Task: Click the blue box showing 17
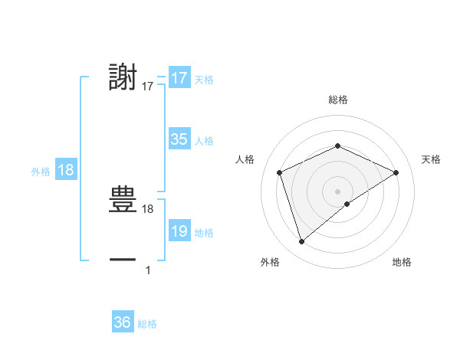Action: click(179, 78)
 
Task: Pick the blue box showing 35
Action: click(179, 139)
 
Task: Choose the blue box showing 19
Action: click(179, 231)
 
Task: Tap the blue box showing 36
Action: click(123, 322)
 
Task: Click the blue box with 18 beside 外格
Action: click(66, 170)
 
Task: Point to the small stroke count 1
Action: click(148, 270)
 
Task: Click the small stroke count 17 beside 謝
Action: click(148, 87)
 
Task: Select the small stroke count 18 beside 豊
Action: click(148, 208)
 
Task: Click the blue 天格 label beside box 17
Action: click(204, 80)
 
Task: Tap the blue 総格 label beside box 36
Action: click(147, 324)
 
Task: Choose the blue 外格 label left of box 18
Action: click(41, 172)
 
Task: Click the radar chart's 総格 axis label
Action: click(337, 100)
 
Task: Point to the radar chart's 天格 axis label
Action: click(432, 159)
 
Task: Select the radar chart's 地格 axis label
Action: click(402, 262)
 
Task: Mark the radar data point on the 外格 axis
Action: click(301, 242)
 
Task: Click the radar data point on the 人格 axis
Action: click(280, 172)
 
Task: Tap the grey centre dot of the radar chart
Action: click(337, 191)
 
